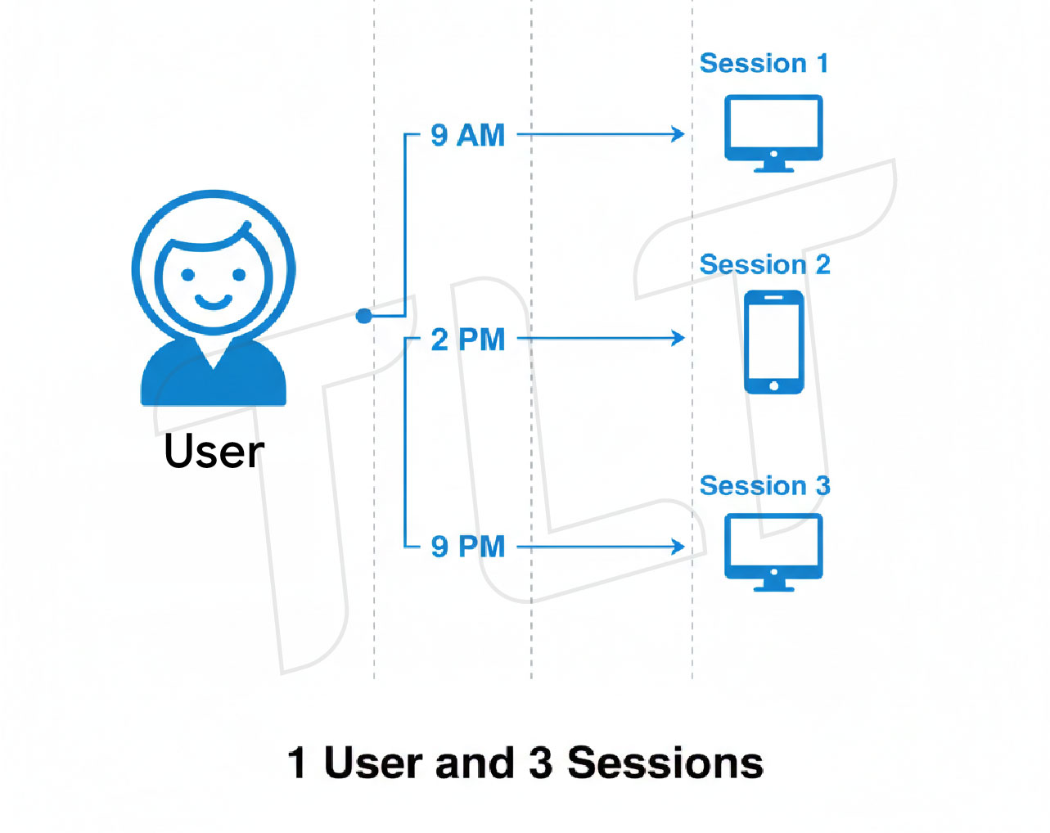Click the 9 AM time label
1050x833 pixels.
pos(467,135)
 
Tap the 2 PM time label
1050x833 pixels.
pos(467,340)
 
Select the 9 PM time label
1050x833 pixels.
pos(467,547)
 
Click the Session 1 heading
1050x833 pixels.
pos(764,63)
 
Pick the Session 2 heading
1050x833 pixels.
pos(764,264)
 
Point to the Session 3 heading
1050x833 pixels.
pos(764,485)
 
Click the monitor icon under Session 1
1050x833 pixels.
pos(773,132)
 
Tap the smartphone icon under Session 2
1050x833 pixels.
pos(773,342)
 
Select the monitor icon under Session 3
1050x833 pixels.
pos(773,551)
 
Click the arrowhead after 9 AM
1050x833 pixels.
pos(678,133)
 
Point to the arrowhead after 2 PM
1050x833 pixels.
pos(678,337)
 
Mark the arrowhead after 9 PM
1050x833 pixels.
pos(678,546)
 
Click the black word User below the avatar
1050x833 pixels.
pos(214,451)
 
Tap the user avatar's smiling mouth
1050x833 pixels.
pos(214,302)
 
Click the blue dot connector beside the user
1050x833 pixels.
pos(364,316)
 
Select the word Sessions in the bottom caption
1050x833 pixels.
pos(665,763)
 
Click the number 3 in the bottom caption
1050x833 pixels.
pos(540,763)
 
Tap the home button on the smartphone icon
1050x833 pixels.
pos(773,385)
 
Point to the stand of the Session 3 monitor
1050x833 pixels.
pos(773,584)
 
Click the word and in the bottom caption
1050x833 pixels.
pos(475,763)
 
